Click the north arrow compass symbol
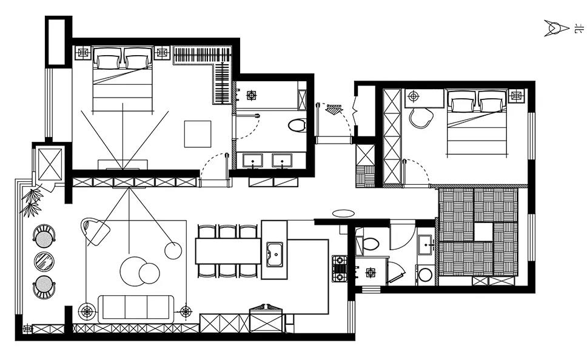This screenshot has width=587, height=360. pyautogui.click(x=556, y=28)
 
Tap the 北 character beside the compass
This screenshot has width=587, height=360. pyautogui.click(x=579, y=28)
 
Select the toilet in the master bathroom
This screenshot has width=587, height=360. pyautogui.click(x=297, y=125)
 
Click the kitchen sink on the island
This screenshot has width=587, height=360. pyautogui.click(x=275, y=255)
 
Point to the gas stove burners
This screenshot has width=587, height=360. pyautogui.click(x=339, y=268)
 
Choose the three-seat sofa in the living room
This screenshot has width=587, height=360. pyautogui.click(x=136, y=309)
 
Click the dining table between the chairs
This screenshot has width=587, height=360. pyautogui.click(x=228, y=251)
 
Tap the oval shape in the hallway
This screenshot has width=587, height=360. pyautogui.click(x=343, y=213)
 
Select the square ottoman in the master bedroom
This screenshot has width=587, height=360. pyautogui.click(x=198, y=134)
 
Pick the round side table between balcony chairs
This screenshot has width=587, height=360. pyautogui.click(x=44, y=261)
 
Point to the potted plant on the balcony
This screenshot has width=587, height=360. pyautogui.click(x=32, y=202)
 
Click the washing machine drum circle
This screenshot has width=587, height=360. pyautogui.click(x=426, y=275)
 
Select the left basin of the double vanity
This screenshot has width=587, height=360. pyautogui.click(x=253, y=161)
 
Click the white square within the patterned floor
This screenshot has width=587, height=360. pyautogui.click(x=483, y=232)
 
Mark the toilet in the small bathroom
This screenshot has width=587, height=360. pyautogui.click(x=371, y=243)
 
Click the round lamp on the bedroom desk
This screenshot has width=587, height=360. pyautogui.click(x=414, y=96)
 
